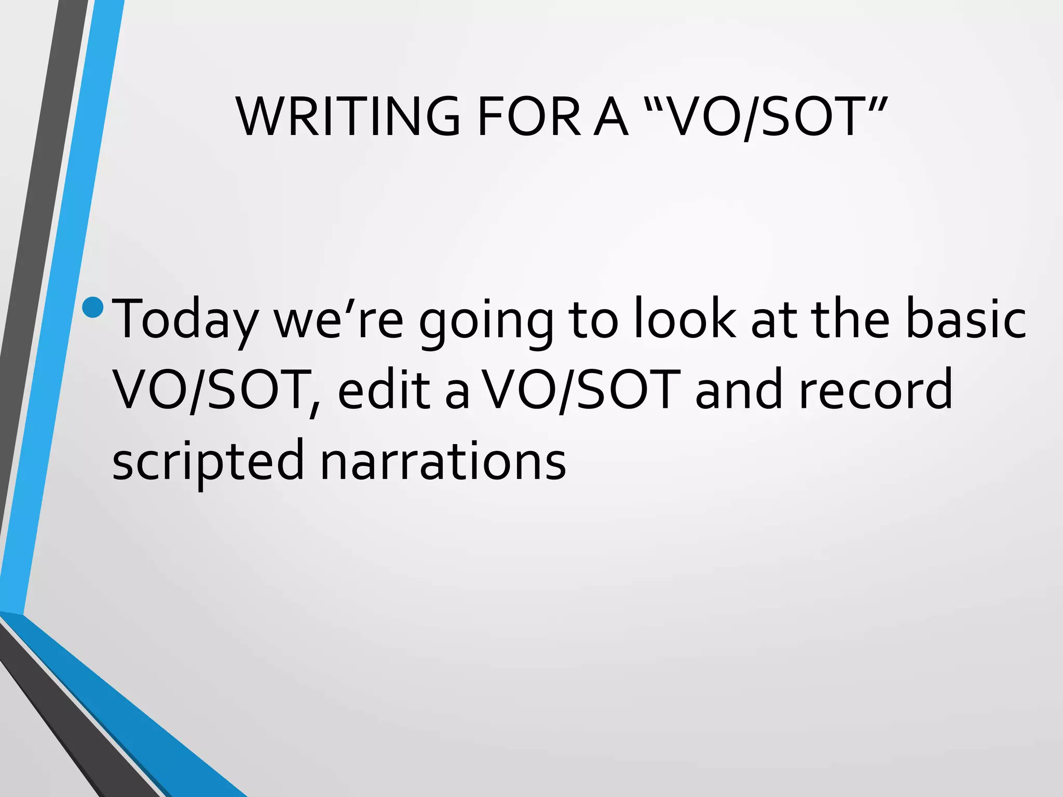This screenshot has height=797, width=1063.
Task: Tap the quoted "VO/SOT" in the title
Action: (x=765, y=117)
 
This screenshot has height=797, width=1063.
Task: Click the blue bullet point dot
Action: (x=93, y=307)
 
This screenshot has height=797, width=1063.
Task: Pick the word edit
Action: (x=384, y=389)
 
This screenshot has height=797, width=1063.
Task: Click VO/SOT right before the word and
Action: (x=581, y=389)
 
